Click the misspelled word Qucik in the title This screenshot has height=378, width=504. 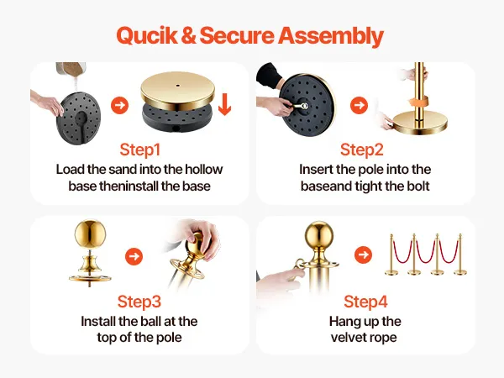[146, 35]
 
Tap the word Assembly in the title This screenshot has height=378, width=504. [331, 35]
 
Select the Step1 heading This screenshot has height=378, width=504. [139, 150]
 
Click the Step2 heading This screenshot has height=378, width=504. [362, 150]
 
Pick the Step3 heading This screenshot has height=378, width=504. [139, 302]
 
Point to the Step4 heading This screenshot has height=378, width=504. [365, 302]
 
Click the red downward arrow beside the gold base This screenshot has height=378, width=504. [224, 104]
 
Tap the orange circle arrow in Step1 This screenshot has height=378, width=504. [119, 105]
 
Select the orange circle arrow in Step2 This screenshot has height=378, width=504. [359, 105]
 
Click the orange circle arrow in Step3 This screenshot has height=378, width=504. [134, 256]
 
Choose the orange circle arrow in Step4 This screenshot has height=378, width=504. [363, 255]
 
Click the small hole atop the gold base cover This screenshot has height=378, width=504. [178, 86]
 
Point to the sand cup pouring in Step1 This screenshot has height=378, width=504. [71, 69]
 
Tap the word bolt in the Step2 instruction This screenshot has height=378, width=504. [417, 186]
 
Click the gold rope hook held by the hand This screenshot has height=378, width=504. [300, 265]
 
